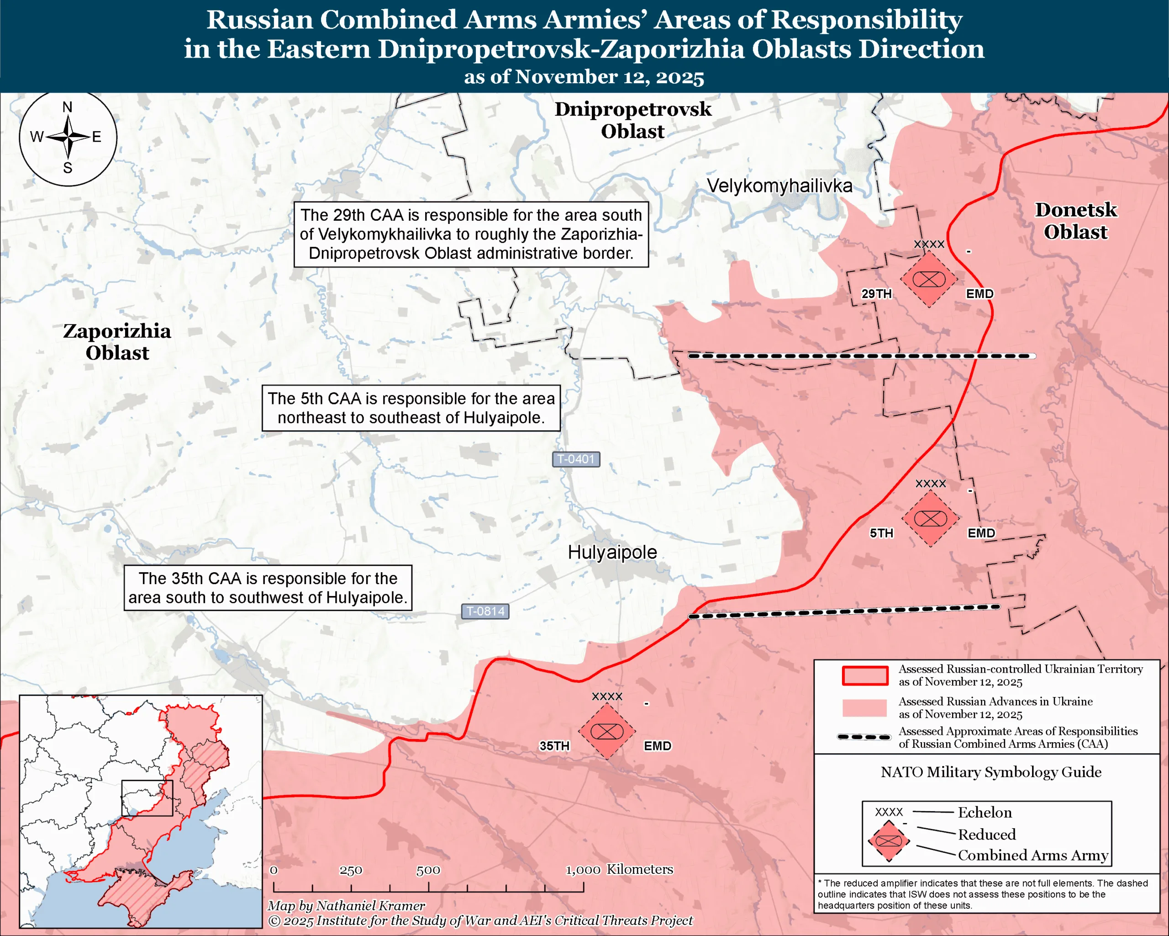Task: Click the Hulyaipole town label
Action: tap(612, 553)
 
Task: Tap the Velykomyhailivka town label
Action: tap(779, 186)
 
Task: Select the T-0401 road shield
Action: tap(576, 459)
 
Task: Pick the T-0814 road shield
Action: tap(485, 612)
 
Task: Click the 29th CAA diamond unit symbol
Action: tap(929, 279)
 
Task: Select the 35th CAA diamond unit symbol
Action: tap(607, 731)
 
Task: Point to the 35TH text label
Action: tap(554, 746)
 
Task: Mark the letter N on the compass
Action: tap(67, 107)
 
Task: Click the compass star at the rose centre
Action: tap(68, 137)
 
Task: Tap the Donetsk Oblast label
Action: tap(1076, 221)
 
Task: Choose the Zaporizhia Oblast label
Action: tap(117, 342)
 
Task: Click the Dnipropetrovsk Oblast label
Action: tap(633, 120)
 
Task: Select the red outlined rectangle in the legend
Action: tap(865, 675)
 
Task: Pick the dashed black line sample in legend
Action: tap(864, 737)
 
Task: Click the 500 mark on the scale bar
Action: tap(428, 870)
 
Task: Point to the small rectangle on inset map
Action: tap(147, 798)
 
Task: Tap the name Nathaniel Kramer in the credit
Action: tap(370, 906)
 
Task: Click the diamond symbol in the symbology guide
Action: tap(889, 841)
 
